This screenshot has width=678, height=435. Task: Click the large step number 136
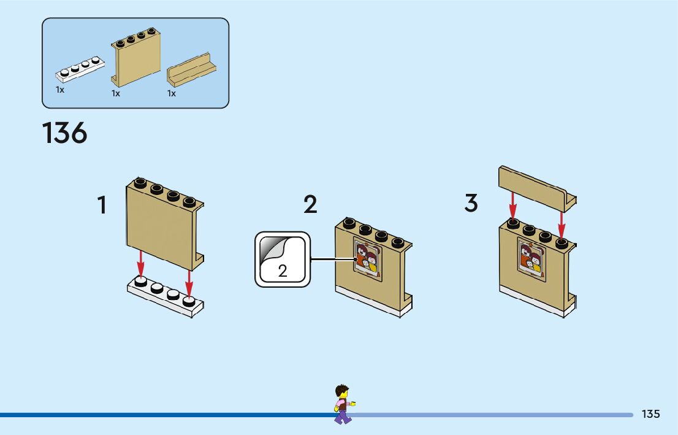65,133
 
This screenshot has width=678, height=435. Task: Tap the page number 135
650,414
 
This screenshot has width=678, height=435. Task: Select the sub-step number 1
102,205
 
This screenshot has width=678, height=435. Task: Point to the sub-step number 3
471,203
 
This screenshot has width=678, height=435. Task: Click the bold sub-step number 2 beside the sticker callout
311,205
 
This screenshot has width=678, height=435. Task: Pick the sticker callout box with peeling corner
283,260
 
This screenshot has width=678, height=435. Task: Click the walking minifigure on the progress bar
343,404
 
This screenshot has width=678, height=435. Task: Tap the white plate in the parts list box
80,69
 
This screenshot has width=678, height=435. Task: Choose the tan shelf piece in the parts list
191,69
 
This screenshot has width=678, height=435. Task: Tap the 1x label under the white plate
60,90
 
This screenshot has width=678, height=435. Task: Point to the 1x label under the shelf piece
172,93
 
